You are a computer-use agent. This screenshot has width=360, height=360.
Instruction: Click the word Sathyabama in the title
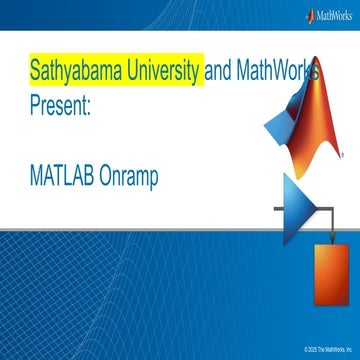point(69,71)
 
